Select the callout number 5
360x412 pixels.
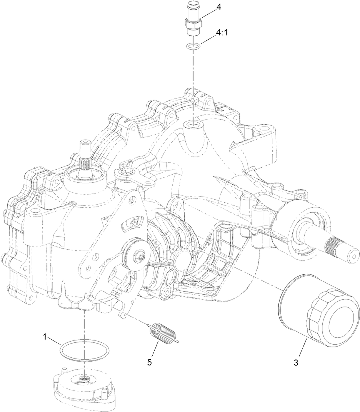[x=150, y=362]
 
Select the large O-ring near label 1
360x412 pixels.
[x=83, y=350]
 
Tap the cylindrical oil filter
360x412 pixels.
[x=315, y=308]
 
